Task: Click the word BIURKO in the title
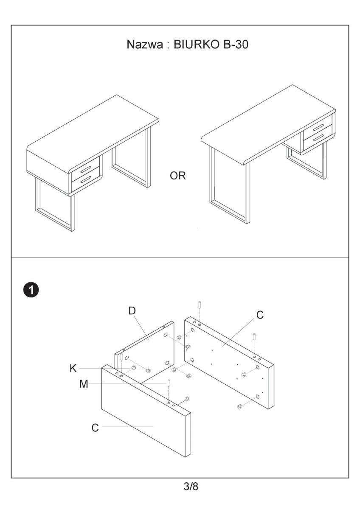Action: pos(194,45)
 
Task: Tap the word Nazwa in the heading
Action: pos(144,45)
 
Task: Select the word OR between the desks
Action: pos(178,176)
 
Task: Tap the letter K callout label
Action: pos(73,368)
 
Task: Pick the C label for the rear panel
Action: pos(260,315)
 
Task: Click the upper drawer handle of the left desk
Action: pos(86,168)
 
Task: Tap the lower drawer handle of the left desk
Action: pos(86,180)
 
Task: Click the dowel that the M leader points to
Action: pos(169,383)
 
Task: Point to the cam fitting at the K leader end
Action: pos(132,367)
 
